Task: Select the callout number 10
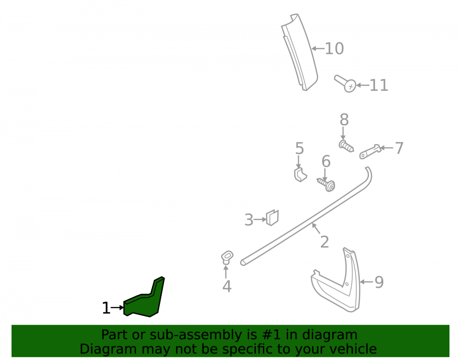pyautogui.click(x=334, y=48)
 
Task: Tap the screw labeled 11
pyautogui.click(x=345, y=83)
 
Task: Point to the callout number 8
pyautogui.click(x=344, y=119)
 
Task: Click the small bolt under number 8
pyautogui.click(x=346, y=147)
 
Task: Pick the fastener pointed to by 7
pyautogui.click(x=371, y=152)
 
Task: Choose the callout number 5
pyautogui.click(x=299, y=148)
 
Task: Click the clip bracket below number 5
pyautogui.click(x=300, y=175)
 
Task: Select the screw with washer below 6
pyautogui.click(x=326, y=184)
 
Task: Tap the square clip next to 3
pyautogui.click(x=272, y=218)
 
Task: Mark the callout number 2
pyautogui.click(x=324, y=242)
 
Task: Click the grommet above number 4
pyautogui.click(x=227, y=257)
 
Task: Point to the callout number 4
pyautogui.click(x=227, y=286)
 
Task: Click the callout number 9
pyautogui.click(x=379, y=282)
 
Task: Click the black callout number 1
pyautogui.click(x=106, y=308)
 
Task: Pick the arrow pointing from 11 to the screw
pyautogui.click(x=362, y=86)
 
